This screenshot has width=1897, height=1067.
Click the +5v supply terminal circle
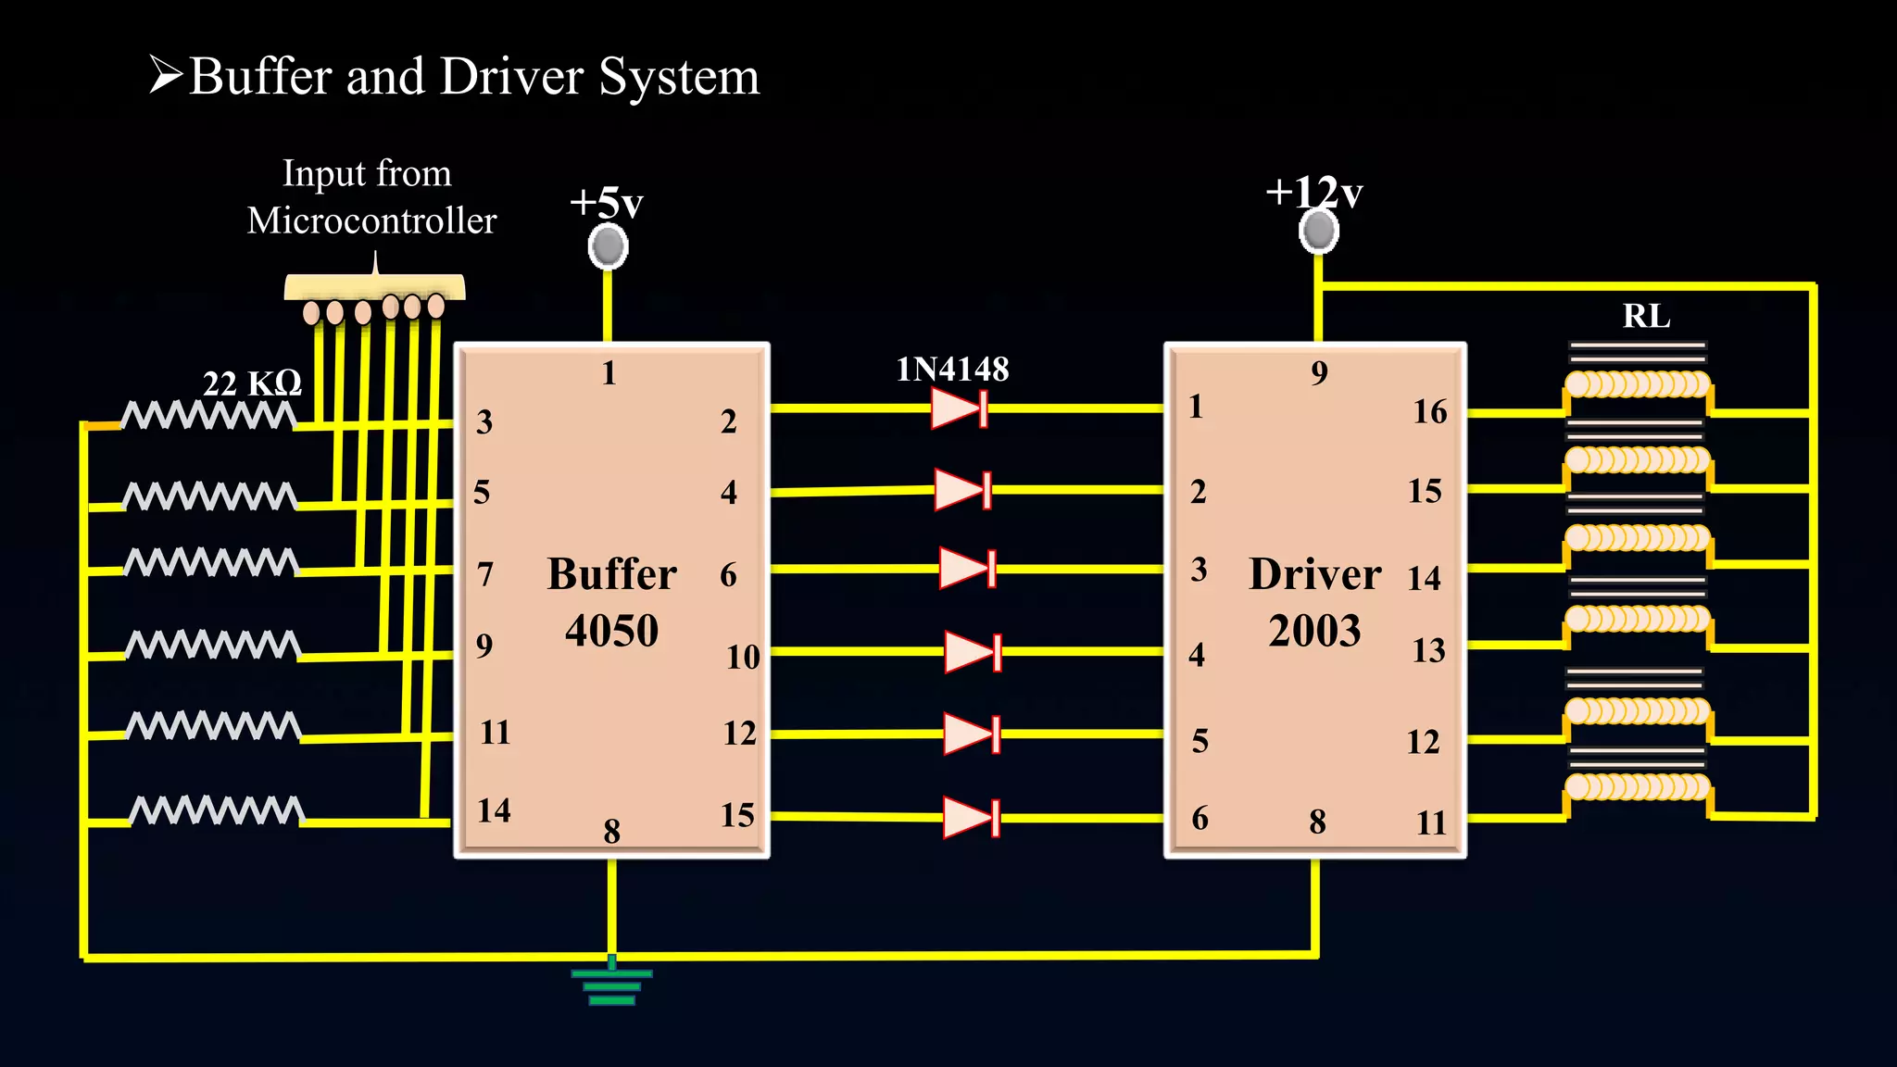click(x=608, y=246)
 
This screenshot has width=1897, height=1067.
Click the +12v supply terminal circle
click(x=1318, y=231)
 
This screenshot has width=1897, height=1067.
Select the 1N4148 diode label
click(x=952, y=370)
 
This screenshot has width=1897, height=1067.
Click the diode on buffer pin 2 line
click(x=960, y=408)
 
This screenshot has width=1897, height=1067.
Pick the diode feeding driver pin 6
click(x=971, y=818)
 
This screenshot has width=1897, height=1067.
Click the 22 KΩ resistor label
click(x=252, y=383)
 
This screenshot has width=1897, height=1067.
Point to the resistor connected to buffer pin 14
click(x=217, y=810)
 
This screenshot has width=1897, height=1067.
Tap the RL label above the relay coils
click(x=1646, y=317)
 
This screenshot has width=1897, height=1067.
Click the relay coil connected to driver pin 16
click(x=1637, y=383)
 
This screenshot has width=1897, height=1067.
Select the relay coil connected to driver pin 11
click(x=1637, y=787)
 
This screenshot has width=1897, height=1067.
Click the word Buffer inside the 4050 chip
click(x=611, y=574)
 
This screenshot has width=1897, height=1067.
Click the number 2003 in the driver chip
click(x=1314, y=632)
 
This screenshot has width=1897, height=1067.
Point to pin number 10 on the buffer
click(x=742, y=657)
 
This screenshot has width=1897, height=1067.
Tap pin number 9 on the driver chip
click(x=1319, y=373)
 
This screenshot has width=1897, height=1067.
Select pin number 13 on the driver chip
click(x=1427, y=650)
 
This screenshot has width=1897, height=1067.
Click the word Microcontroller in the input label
click(x=371, y=221)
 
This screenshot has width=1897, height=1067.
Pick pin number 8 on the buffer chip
click(x=611, y=831)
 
